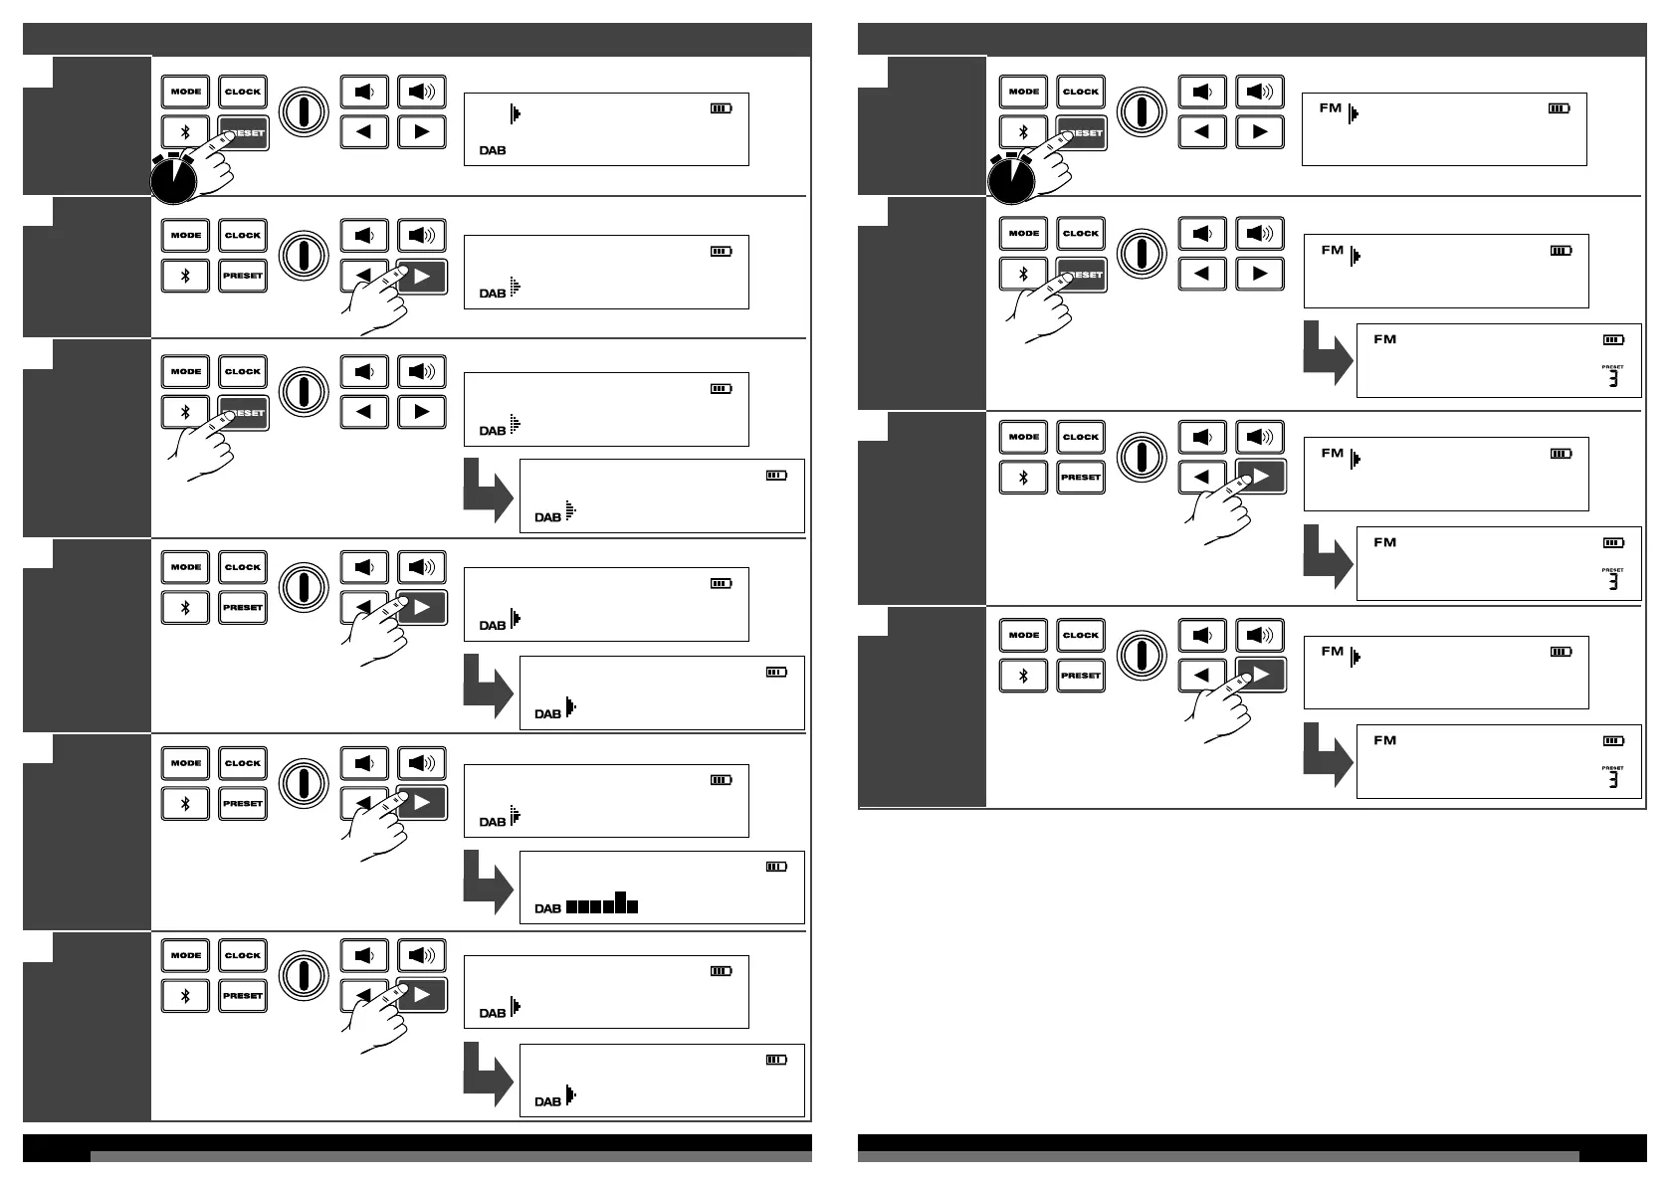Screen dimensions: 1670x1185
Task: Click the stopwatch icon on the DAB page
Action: pyautogui.click(x=173, y=179)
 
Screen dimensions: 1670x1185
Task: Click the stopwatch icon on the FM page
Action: pyautogui.click(x=1011, y=179)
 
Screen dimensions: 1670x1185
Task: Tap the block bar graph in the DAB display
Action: pyautogui.click(x=601, y=903)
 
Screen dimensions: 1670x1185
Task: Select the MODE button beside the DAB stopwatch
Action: pyautogui.click(x=185, y=92)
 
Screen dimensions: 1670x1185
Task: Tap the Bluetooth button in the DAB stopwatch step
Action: pyautogui.click(x=185, y=132)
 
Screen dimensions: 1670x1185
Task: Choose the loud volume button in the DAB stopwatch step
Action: pyautogui.click(x=422, y=92)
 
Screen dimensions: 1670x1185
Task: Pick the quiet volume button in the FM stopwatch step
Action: pyautogui.click(x=1202, y=92)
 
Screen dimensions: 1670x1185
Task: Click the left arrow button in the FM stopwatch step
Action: pyautogui.click(x=1202, y=131)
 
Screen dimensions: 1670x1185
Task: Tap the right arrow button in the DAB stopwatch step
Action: pyautogui.click(x=422, y=131)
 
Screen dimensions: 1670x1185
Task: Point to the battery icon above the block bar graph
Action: pyautogui.click(x=776, y=867)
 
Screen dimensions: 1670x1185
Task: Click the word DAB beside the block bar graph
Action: pyautogui.click(x=547, y=908)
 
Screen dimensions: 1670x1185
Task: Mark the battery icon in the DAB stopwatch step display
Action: pyautogui.click(x=721, y=108)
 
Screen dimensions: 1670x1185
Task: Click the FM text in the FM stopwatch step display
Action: pyautogui.click(x=1331, y=107)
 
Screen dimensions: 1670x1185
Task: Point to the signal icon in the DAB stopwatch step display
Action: pyautogui.click(x=515, y=113)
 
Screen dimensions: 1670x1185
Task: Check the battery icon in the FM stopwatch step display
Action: pyautogui.click(x=1559, y=108)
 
